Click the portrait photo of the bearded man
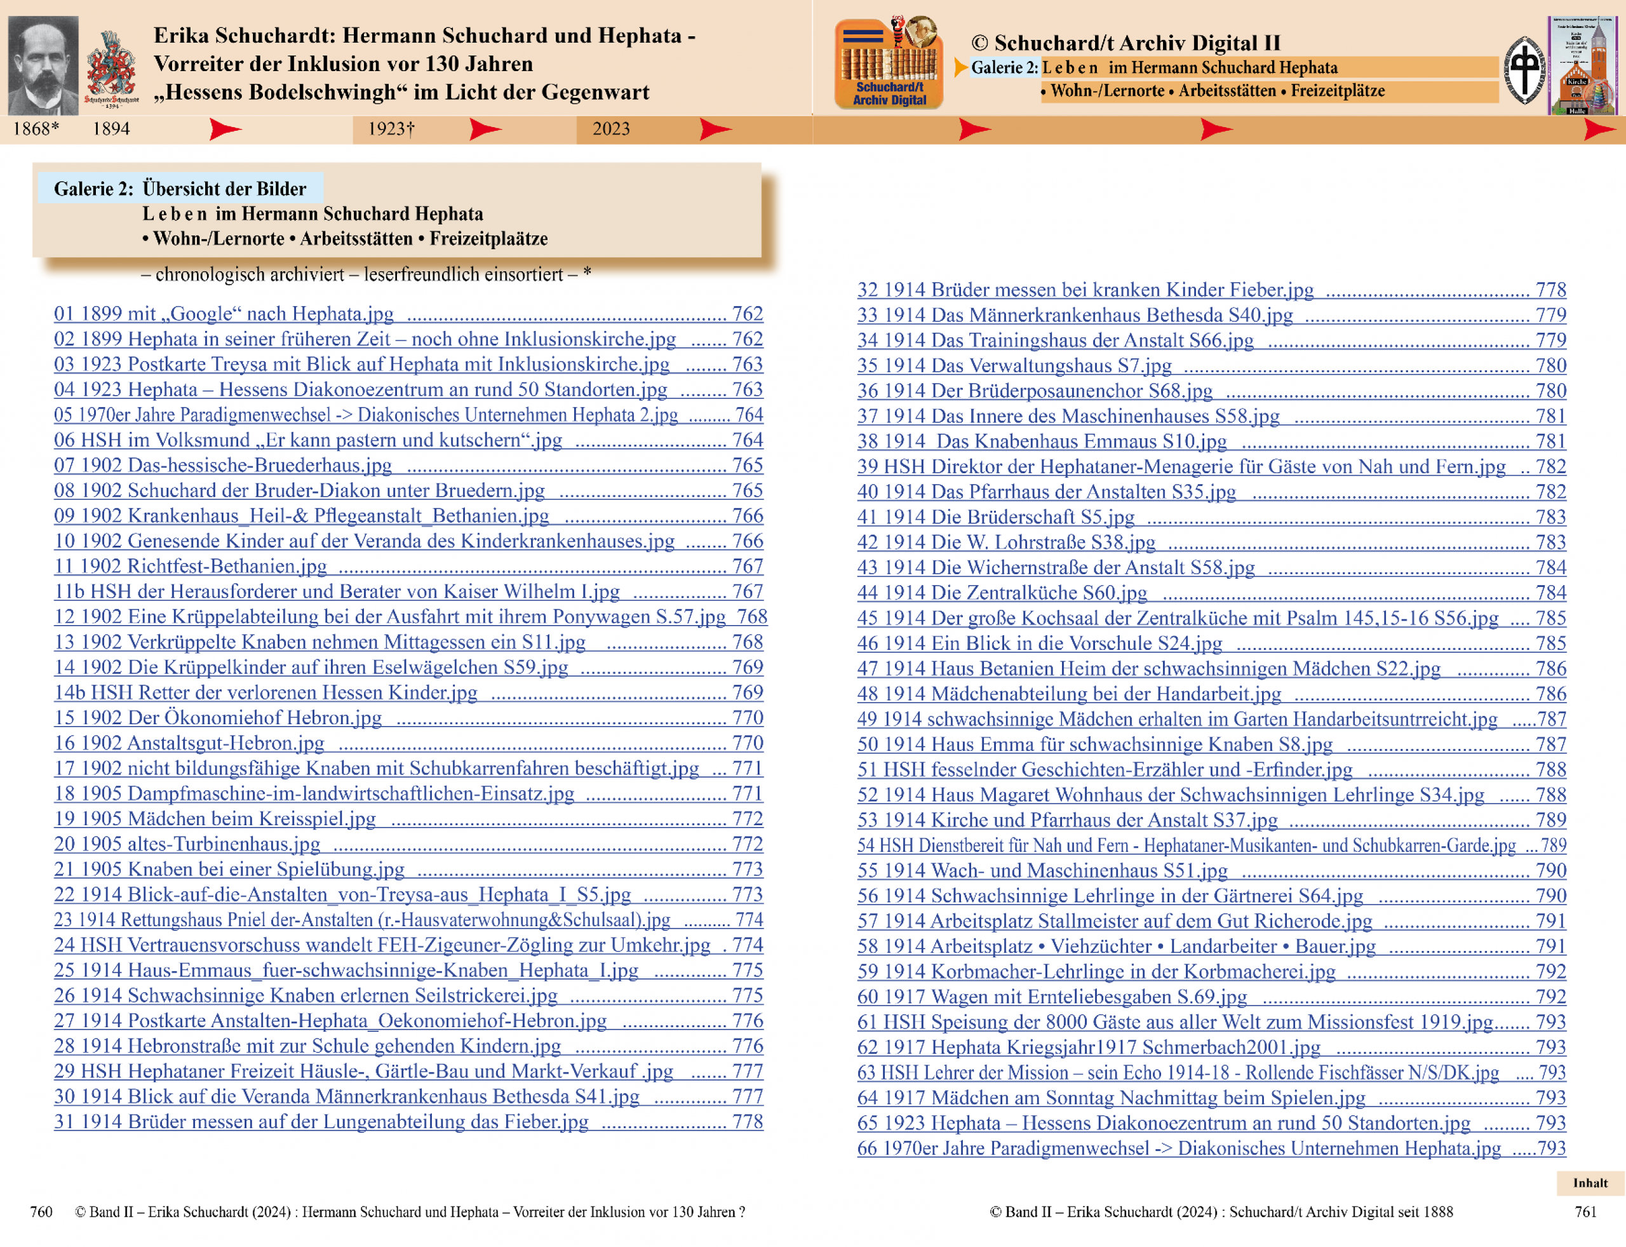pyautogui.click(x=43, y=65)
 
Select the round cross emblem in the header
pyautogui.click(x=1524, y=71)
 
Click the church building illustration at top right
pyautogui.click(x=1582, y=65)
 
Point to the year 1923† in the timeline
pyautogui.click(x=391, y=129)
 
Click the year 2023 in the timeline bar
pyautogui.click(x=611, y=129)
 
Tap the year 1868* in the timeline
pyautogui.click(x=36, y=129)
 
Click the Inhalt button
pyautogui.click(x=1590, y=1182)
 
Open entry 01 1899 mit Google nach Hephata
pyautogui.click(x=224, y=314)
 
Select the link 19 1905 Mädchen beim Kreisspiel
pyautogui.click(x=215, y=819)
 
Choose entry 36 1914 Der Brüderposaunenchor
pyautogui.click(x=1035, y=391)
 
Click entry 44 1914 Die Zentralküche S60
pyautogui.click(x=1002, y=593)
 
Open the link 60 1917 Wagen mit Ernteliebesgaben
pyautogui.click(x=1052, y=997)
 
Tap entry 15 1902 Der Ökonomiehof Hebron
pyautogui.click(x=217, y=718)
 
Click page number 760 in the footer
pyautogui.click(x=41, y=1212)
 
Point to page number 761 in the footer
pyautogui.click(x=1585, y=1212)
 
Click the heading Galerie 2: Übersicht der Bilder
pyautogui.click(x=180, y=189)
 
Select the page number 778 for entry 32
pyautogui.click(x=1550, y=290)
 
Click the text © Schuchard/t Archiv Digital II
pyautogui.click(x=1125, y=43)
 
